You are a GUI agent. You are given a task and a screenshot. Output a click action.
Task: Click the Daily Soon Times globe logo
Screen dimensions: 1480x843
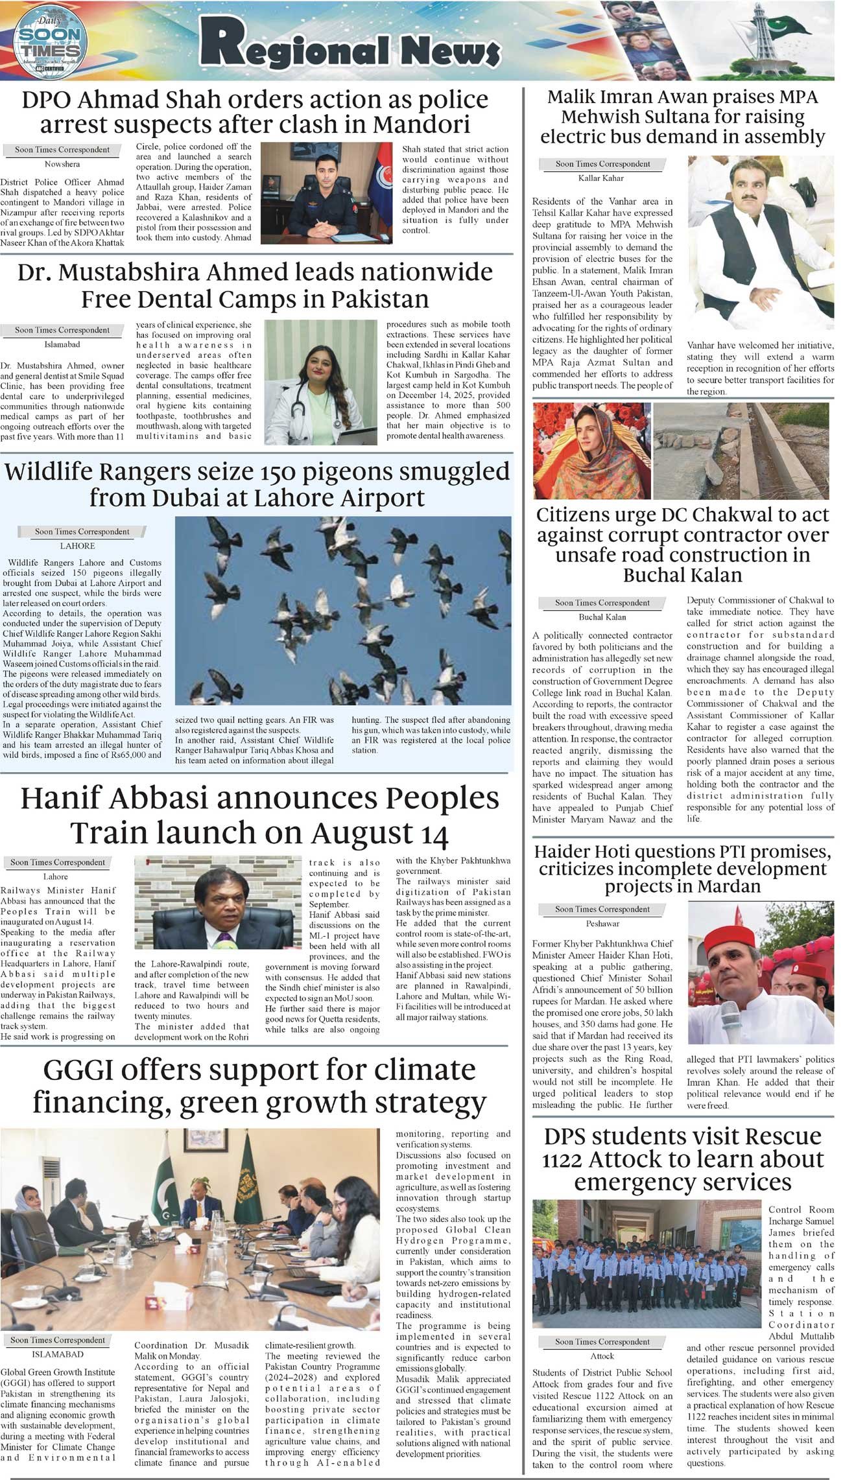pyautogui.click(x=51, y=40)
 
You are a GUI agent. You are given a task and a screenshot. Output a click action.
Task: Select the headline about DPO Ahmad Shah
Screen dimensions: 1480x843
pyautogui.click(x=255, y=112)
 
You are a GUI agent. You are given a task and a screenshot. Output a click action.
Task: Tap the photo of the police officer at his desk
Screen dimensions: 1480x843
pyautogui.click(x=326, y=193)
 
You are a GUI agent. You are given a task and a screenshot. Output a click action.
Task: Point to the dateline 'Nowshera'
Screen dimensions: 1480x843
pyautogui.click(x=62, y=165)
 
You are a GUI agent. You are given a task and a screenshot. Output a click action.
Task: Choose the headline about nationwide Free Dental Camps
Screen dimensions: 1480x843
pyautogui.click(x=255, y=285)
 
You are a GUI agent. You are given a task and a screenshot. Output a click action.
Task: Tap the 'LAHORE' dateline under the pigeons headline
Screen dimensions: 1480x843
pyautogui.click(x=77, y=546)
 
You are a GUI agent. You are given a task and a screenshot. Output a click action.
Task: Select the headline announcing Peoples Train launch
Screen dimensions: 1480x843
pyautogui.click(x=259, y=816)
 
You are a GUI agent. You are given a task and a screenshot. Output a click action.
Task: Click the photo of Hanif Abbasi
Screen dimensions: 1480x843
pyautogui.click(x=218, y=902)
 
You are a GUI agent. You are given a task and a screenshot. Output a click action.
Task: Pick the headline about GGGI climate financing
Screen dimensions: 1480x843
pyautogui.click(x=259, y=1086)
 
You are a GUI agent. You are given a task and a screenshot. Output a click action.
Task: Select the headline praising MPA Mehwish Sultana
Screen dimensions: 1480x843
pyautogui.click(x=682, y=117)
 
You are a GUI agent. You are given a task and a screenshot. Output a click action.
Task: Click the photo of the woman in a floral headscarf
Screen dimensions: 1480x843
pyautogui.click(x=591, y=450)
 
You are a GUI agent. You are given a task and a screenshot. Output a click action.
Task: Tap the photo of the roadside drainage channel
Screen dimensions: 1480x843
pyautogui.click(x=741, y=450)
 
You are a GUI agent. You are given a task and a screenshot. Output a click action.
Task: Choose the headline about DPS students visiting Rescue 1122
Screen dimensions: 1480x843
pyautogui.click(x=682, y=1158)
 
